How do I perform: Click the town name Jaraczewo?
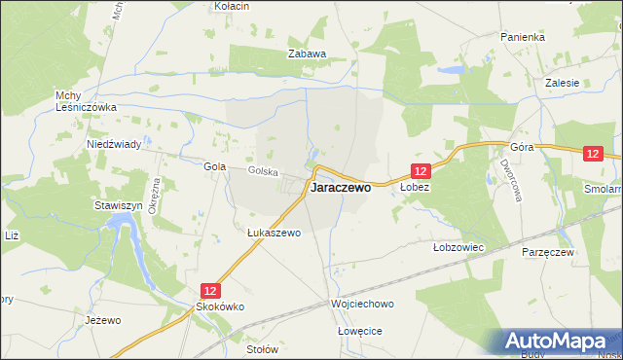point(340,190)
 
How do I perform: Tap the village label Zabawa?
point(306,54)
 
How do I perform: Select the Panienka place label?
point(523,36)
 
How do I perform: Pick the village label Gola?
point(214,166)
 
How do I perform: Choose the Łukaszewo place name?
point(274,234)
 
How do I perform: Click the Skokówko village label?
point(218,306)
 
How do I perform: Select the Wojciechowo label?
point(360,305)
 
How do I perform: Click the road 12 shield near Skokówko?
point(211,290)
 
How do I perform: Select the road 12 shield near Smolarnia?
point(595,154)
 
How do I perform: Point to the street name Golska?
point(263,172)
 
